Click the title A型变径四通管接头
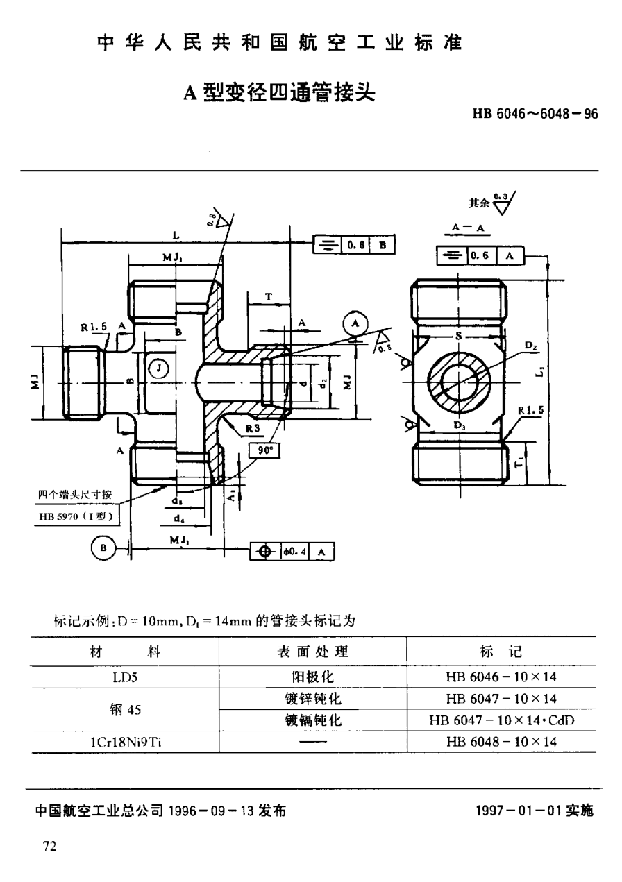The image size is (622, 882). point(278,92)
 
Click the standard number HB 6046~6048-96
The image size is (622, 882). point(535,115)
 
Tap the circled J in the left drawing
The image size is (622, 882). point(158,367)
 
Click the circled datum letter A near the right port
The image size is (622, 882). point(355,323)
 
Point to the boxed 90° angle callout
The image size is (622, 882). point(265,450)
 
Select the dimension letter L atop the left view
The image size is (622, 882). point(176,236)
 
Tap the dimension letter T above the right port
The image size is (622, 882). point(267,296)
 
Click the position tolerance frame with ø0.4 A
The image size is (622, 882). point(292,551)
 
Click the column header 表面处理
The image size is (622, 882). point(312,652)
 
